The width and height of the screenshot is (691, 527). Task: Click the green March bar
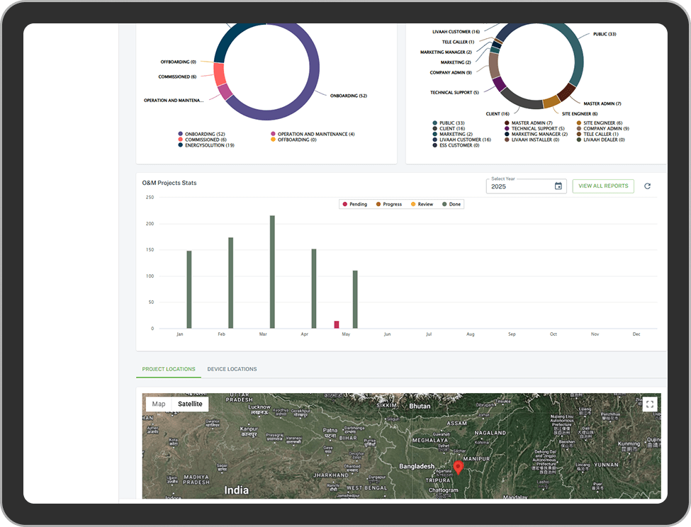coord(272,272)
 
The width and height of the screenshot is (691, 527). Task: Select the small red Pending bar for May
coord(337,324)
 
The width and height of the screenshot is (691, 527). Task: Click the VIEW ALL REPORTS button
coord(603,186)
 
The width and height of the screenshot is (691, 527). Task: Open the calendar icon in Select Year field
coord(558,186)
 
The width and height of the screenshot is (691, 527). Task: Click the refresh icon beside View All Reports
coord(647,186)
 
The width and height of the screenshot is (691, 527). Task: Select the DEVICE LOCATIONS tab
coord(232,369)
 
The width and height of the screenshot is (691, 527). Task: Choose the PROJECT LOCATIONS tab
coord(169,369)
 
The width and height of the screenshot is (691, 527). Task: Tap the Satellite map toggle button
coord(190,404)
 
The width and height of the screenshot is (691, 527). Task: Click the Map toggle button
coord(159,404)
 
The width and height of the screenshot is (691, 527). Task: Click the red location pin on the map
coord(458,467)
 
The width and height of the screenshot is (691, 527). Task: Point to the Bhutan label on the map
coord(420,406)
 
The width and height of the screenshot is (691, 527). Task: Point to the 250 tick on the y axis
coord(150,198)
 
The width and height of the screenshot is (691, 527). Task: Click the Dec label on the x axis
coord(636,334)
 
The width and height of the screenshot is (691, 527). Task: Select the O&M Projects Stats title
coord(169,183)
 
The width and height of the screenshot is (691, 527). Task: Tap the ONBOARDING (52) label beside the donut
coord(349,96)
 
